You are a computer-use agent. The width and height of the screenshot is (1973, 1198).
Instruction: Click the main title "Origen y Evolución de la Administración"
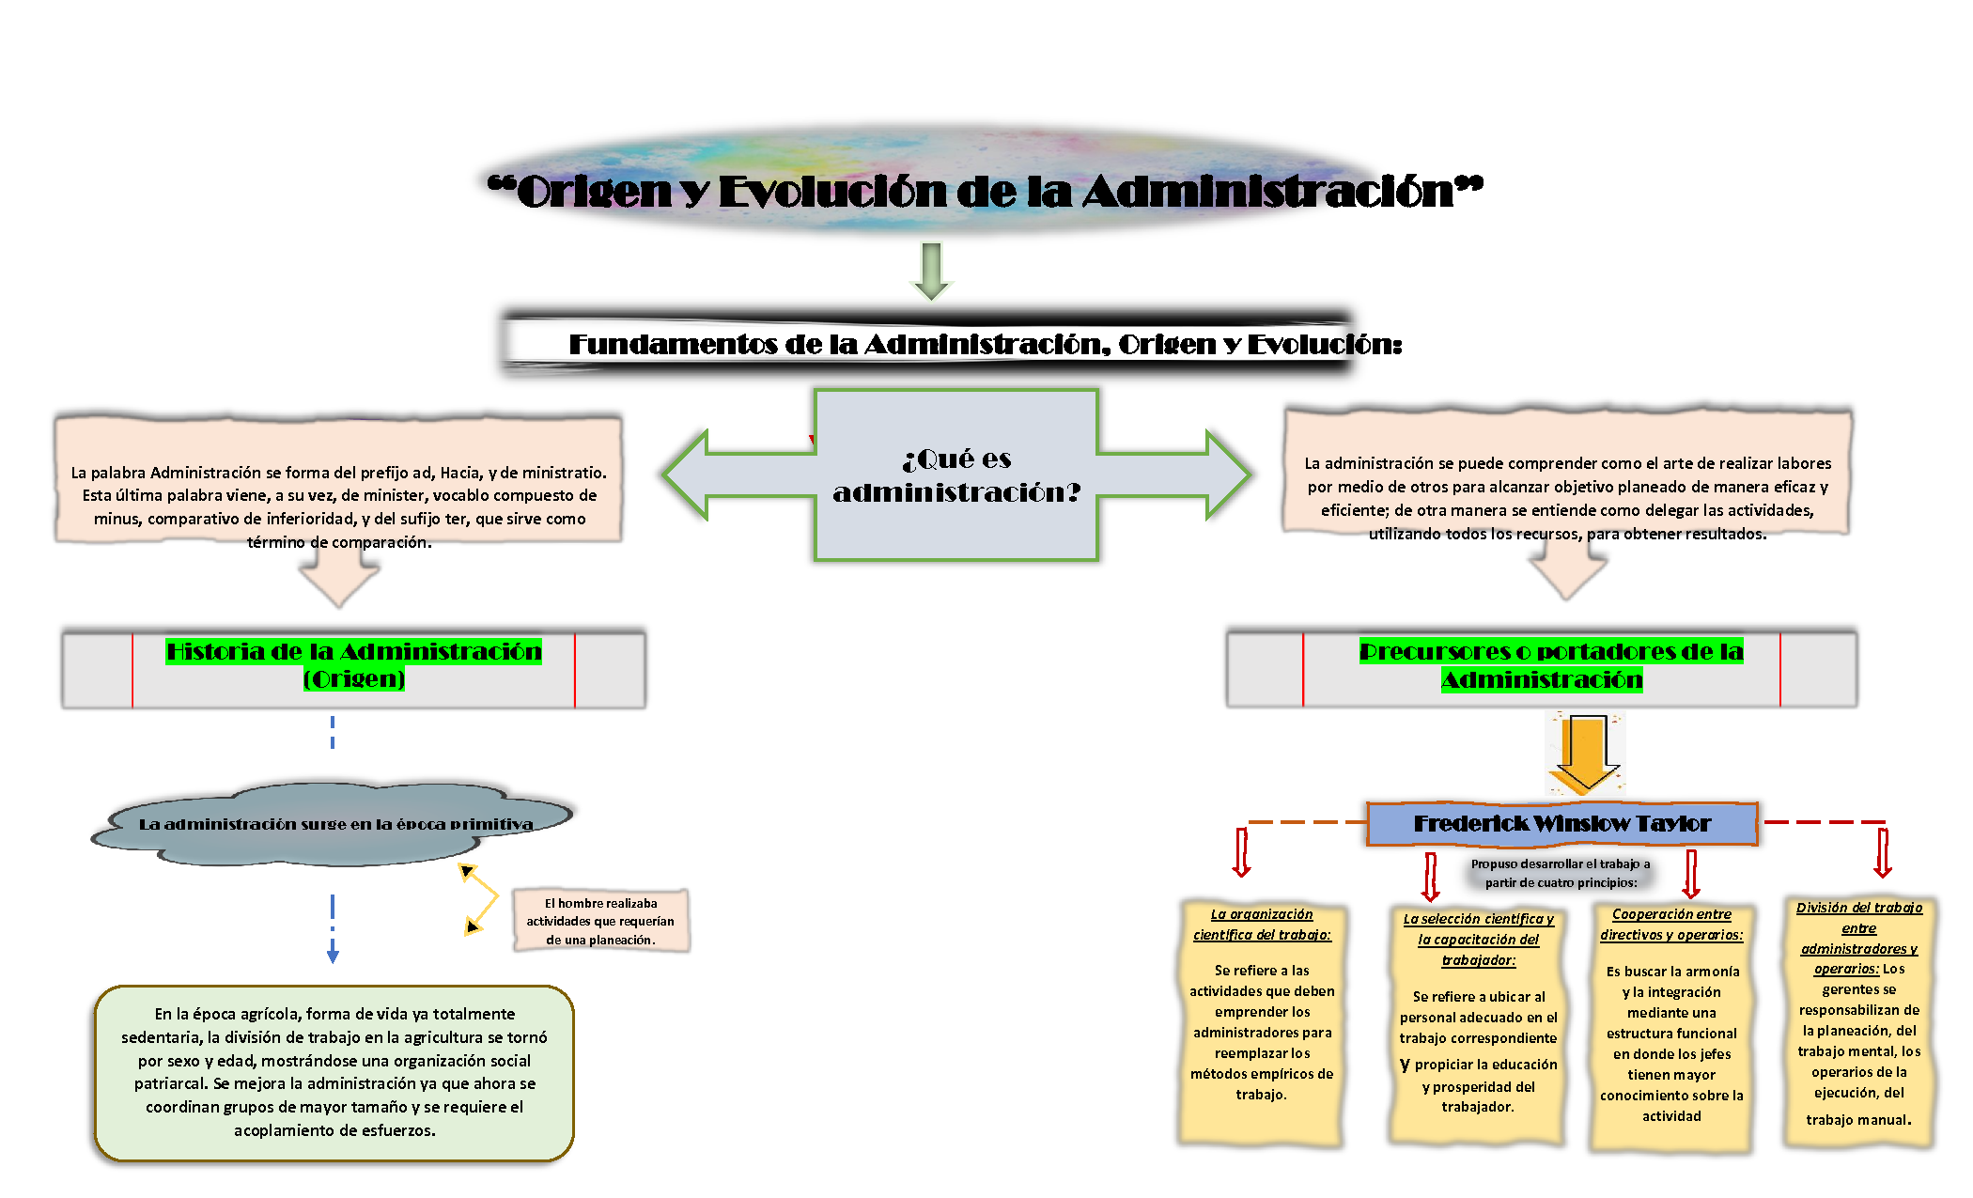click(985, 191)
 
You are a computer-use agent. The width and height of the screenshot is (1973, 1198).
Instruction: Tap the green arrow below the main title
click(931, 271)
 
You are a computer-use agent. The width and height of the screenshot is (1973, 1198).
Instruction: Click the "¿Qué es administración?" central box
click(956, 475)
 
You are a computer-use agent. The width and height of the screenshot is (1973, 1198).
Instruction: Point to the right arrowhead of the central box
click(1229, 475)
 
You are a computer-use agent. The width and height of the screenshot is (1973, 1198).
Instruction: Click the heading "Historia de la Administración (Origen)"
click(354, 664)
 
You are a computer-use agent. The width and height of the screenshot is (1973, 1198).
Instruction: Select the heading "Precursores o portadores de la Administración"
click(1550, 664)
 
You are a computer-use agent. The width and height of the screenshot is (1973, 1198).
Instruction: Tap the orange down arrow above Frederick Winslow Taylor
click(1585, 753)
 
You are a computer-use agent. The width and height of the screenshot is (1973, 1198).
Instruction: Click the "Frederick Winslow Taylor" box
click(1561, 824)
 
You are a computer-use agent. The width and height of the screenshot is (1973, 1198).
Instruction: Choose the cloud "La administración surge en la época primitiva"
click(333, 823)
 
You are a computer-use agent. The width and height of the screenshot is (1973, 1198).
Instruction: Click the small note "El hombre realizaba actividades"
click(600, 921)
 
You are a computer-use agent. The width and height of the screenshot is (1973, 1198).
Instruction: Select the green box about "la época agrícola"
click(334, 1073)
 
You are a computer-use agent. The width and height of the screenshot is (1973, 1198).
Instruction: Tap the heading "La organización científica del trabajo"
click(1262, 925)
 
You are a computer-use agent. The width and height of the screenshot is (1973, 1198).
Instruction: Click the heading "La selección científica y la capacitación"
click(1478, 940)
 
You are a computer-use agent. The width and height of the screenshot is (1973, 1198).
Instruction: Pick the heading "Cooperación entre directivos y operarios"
click(1671, 925)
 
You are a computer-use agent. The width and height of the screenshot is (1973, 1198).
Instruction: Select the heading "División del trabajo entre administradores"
click(1858, 938)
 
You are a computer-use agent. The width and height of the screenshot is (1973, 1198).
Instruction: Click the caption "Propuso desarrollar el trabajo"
click(1561, 873)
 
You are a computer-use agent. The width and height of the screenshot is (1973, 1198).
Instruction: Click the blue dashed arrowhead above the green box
click(333, 956)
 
